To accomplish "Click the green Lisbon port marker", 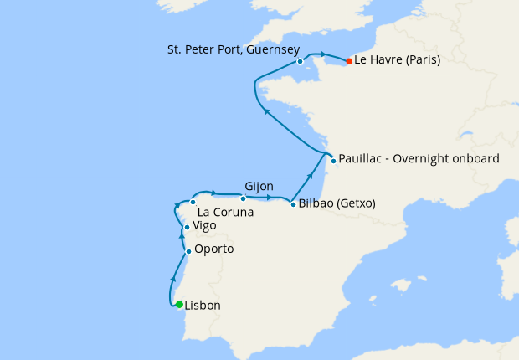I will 179,304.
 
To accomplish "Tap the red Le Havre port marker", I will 349,60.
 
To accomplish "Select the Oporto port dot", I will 188,250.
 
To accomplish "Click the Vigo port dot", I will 186,227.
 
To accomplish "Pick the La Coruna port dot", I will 193,202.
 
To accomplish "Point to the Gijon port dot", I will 243,198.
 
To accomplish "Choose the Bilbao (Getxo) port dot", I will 292,203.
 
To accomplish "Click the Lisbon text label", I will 203,306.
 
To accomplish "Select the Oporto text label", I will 213,249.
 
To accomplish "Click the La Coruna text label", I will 226,213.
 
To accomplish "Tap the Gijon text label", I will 259,186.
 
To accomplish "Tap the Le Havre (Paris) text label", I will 398,60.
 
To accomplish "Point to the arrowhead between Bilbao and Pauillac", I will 311,176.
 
